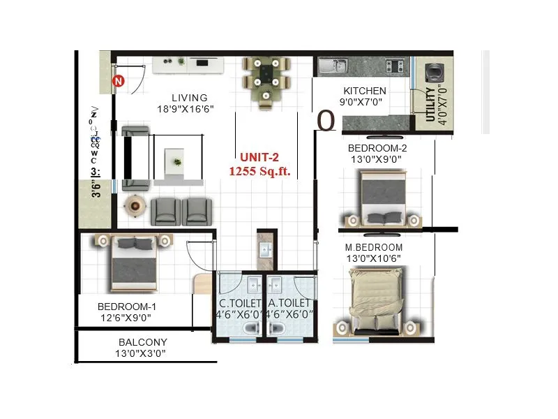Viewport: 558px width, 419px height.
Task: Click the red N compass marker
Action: coord(119,82)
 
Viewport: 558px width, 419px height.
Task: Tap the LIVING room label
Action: coord(190,98)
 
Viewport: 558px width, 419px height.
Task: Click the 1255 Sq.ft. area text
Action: coord(260,170)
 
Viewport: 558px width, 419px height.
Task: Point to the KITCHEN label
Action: coord(364,91)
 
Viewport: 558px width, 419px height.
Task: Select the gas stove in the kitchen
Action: coord(395,67)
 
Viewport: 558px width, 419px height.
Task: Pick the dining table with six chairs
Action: coord(266,82)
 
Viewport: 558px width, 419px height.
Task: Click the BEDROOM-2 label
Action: coord(377,148)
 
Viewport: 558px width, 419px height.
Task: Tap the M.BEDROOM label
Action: coord(374,248)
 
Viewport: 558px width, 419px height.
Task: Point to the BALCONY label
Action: coord(142,342)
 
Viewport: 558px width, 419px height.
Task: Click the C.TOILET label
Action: coord(240,303)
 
